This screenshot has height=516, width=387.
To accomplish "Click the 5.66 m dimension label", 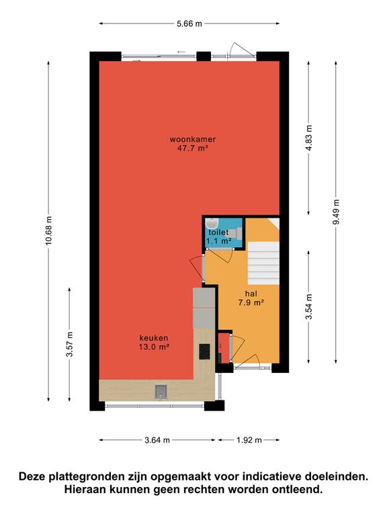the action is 189,24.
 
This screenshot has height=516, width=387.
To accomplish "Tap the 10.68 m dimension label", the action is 48,230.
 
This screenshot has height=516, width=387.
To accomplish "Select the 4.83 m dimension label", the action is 308,138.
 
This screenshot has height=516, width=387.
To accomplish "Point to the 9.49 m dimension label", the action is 336,212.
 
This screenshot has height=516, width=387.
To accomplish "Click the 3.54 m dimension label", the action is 308,306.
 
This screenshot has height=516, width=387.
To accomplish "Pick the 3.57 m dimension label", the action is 69,344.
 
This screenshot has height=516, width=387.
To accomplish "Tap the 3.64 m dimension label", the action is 157,440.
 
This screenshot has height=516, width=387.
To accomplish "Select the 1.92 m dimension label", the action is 249,440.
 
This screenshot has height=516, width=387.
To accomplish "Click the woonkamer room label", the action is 193,139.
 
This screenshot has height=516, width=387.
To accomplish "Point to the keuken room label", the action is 154,338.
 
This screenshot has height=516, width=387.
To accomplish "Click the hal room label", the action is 251,294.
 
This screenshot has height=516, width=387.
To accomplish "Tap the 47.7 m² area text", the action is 193,148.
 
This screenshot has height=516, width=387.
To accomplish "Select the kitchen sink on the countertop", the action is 161,391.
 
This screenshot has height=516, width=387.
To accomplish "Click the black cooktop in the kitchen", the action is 204,351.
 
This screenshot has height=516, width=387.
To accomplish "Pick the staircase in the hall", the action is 263,263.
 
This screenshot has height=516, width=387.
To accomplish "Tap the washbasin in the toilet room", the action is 211,223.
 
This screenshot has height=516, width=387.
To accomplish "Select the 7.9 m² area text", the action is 251,302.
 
